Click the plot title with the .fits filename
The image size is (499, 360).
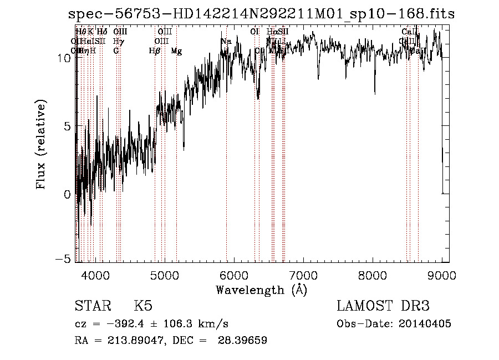(261, 14)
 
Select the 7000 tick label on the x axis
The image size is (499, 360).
(303, 276)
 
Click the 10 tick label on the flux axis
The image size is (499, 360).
(64, 58)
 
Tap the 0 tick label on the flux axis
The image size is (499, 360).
(68, 194)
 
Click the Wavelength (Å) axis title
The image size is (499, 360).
(261, 290)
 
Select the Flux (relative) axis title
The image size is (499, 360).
(41, 144)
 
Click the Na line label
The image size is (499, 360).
(226, 42)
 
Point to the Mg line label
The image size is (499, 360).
(176, 51)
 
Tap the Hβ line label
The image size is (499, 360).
(155, 51)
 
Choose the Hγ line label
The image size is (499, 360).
(118, 42)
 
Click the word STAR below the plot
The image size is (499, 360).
(91, 306)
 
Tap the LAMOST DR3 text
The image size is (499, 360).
(383, 306)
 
